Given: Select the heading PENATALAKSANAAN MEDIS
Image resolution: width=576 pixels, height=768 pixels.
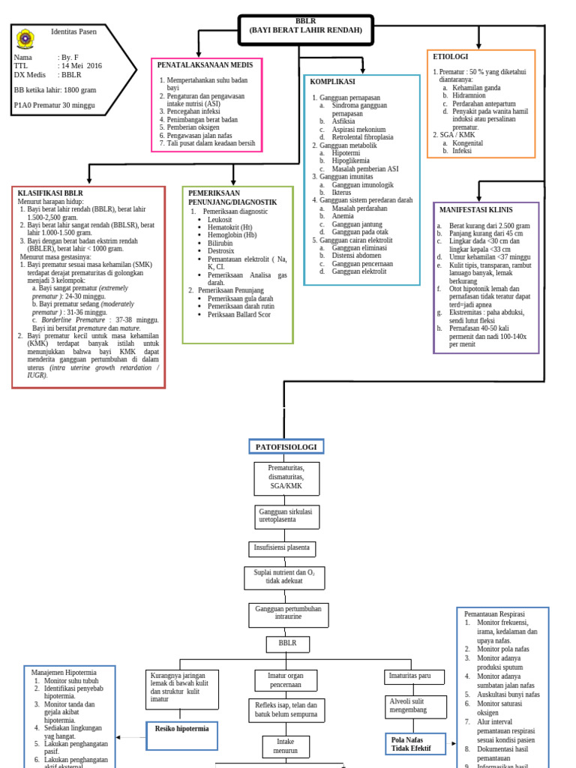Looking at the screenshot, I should [205, 65].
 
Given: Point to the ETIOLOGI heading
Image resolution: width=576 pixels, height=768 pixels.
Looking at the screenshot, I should [451, 57].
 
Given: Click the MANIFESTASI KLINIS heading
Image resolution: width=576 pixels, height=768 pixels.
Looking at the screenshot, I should [475, 210].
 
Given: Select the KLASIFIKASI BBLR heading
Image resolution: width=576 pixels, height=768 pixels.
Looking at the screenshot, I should [50, 193].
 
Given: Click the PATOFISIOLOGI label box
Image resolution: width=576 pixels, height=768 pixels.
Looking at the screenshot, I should [286, 447].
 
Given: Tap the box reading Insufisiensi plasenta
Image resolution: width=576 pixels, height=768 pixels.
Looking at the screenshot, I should [281, 548].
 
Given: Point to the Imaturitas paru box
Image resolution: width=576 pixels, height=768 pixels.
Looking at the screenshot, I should [409, 676].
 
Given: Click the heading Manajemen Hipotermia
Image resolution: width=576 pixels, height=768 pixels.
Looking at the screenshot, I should [64, 673].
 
